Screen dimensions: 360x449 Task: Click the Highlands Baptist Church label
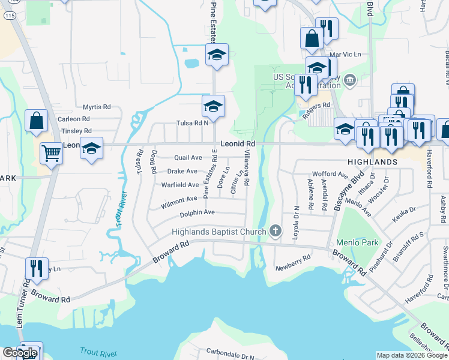pos(218,232)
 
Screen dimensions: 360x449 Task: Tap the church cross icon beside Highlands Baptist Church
pos(276,231)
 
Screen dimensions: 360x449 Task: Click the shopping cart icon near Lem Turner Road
pos(52,154)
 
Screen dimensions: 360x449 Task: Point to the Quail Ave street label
pos(188,157)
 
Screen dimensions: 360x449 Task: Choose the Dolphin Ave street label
pos(197,212)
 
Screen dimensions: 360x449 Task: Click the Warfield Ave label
pos(180,185)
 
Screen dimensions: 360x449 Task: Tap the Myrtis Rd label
pos(97,107)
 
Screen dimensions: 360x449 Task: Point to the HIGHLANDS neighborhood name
pos(372,162)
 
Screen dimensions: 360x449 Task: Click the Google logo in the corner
pos(19,353)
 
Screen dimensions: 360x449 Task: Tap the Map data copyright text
pos(411,355)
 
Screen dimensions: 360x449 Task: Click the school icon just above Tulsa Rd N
pos(213,107)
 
